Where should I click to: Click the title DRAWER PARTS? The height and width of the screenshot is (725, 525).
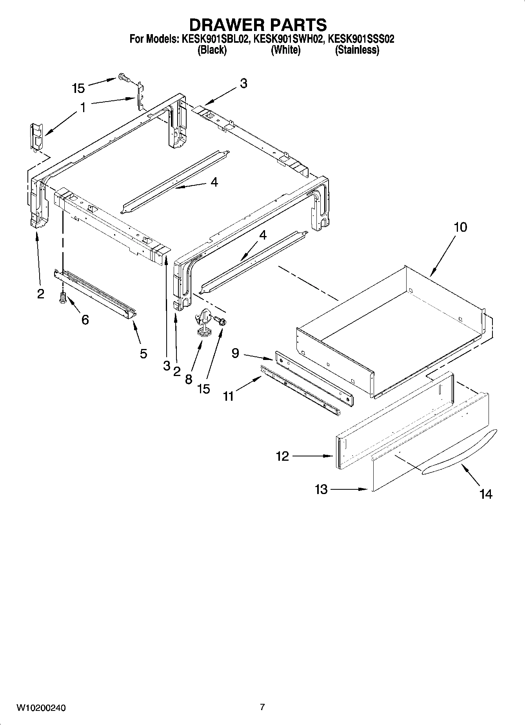click(258, 25)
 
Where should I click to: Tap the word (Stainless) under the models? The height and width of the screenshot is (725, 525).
click(357, 50)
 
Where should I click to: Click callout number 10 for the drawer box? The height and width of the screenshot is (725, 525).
click(461, 227)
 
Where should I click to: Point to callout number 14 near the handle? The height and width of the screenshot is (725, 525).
click(485, 494)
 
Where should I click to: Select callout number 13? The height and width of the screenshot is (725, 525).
click(321, 489)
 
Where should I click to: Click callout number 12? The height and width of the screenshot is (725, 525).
click(282, 456)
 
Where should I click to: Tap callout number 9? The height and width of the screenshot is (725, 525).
click(235, 353)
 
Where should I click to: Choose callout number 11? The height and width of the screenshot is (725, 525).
click(228, 396)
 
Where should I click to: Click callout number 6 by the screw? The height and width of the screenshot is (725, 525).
click(85, 320)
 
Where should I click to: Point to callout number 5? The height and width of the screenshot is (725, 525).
click(144, 354)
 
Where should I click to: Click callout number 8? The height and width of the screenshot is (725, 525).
click(189, 379)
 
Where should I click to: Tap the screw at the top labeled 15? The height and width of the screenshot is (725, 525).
click(124, 78)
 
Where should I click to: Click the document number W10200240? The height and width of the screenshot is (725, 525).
click(41, 708)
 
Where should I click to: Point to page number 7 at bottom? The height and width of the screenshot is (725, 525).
click(262, 707)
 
